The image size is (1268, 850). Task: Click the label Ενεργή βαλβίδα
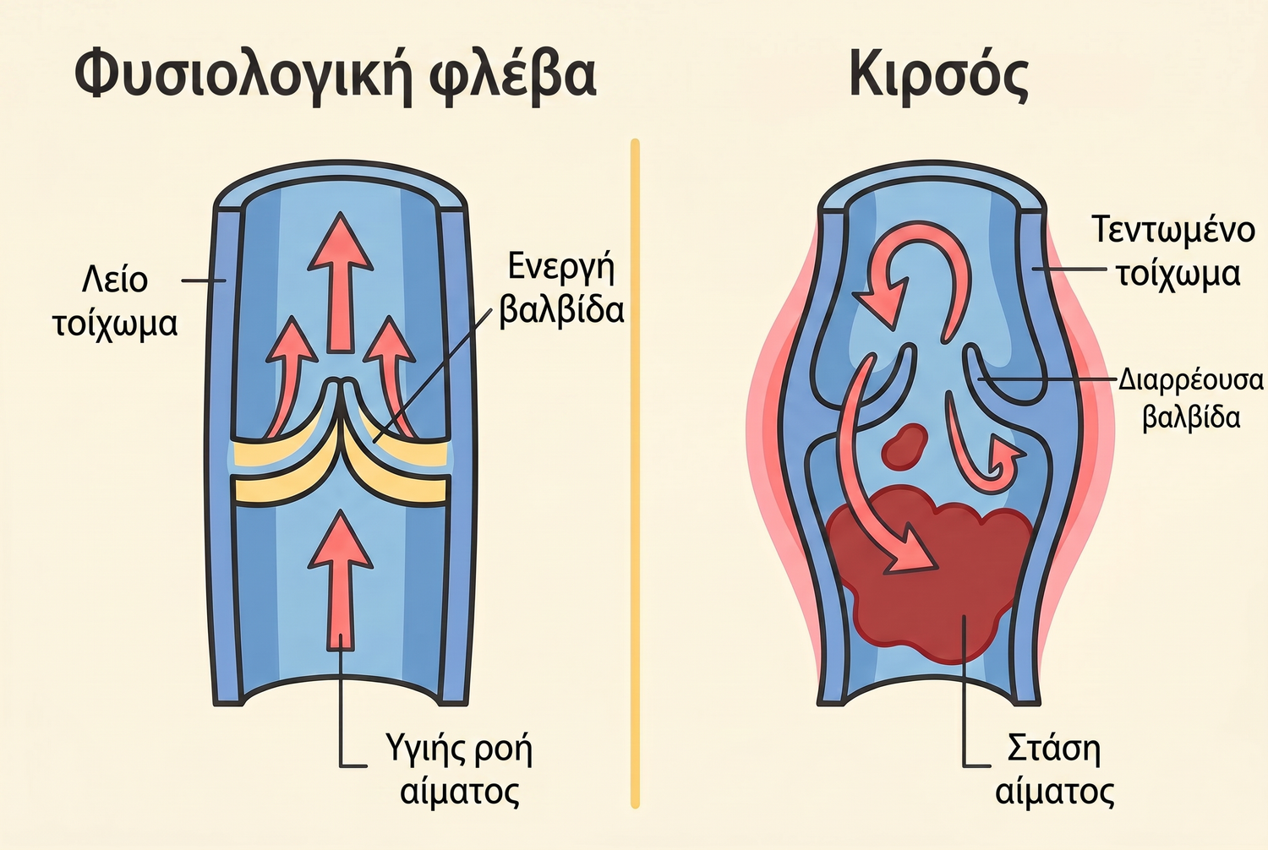(x=561, y=288)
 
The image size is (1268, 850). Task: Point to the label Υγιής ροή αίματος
(x=459, y=771)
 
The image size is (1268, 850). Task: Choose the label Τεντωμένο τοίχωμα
(x=1172, y=252)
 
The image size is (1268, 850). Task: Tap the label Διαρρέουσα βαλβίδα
(x=1191, y=400)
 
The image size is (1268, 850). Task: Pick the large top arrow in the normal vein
(x=340, y=282)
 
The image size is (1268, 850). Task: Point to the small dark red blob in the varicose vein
(x=904, y=446)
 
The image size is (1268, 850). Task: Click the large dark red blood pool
(x=928, y=571)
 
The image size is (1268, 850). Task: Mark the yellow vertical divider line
(x=635, y=472)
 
